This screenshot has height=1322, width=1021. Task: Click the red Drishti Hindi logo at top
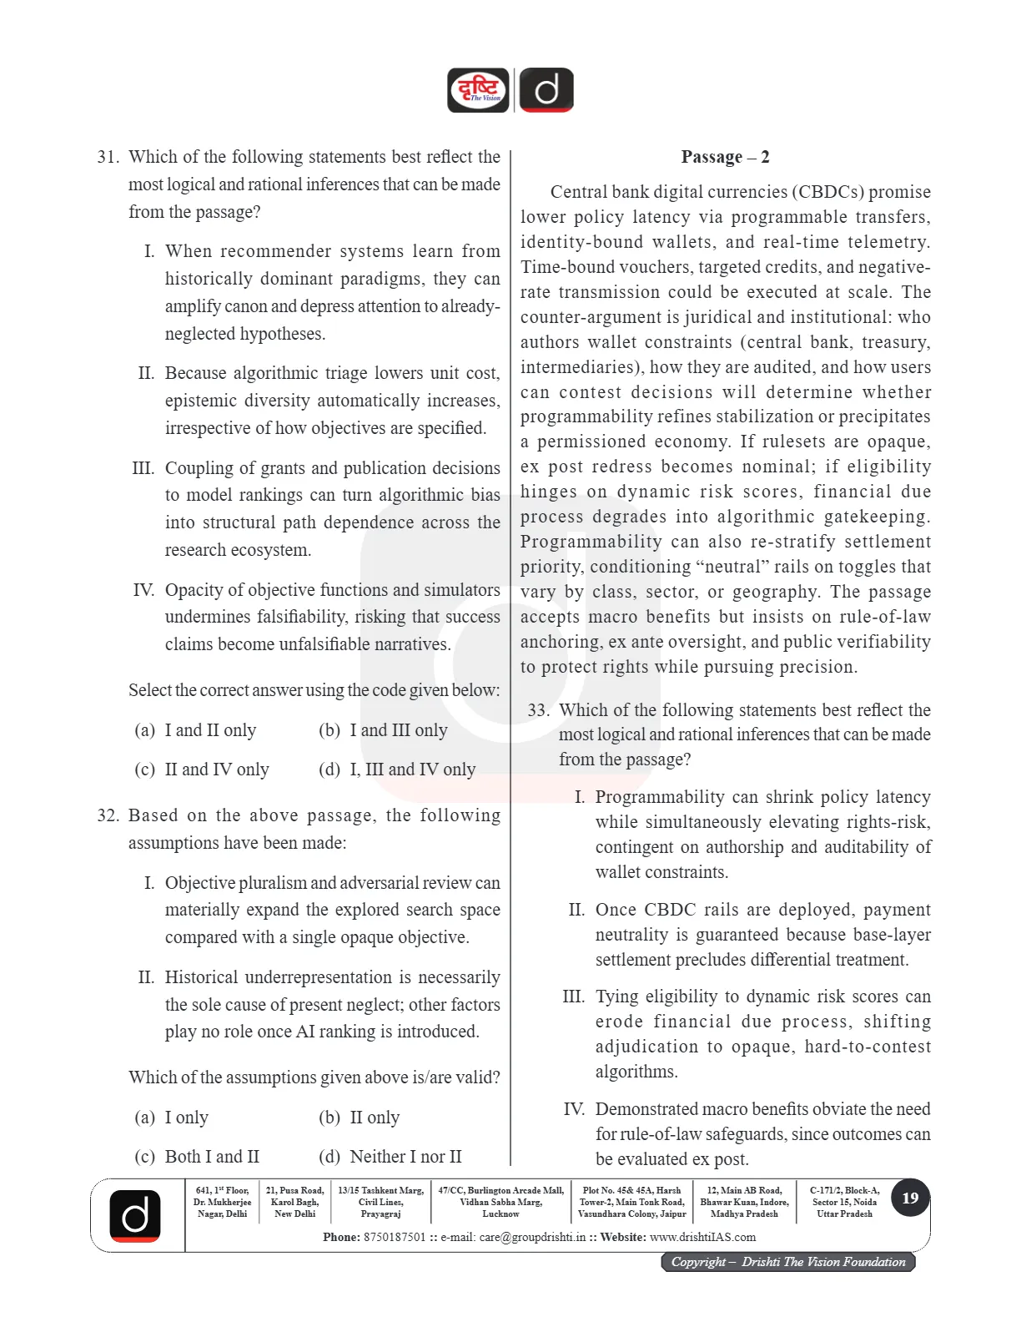pyautogui.click(x=478, y=90)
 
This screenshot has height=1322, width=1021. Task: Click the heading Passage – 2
pyautogui.click(x=725, y=157)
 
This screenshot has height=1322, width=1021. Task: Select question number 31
pyautogui.click(x=108, y=157)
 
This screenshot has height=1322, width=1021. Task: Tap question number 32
pyautogui.click(x=108, y=815)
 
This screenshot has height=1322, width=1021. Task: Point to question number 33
pyautogui.click(x=538, y=710)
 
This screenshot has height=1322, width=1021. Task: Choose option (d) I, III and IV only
pyautogui.click(x=397, y=769)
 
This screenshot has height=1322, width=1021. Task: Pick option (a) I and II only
pyautogui.click(x=195, y=730)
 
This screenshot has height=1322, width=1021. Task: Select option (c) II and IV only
pyautogui.click(x=202, y=769)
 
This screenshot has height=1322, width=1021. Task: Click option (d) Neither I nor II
pyautogui.click(x=390, y=1157)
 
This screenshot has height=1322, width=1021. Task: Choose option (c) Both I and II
pyautogui.click(x=197, y=1157)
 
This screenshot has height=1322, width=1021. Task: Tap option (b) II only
pyautogui.click(x=360, y=1118)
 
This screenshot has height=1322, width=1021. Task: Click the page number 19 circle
pyautogui.click(x=910, y=1198)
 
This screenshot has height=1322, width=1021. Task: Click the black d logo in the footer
pyautogui.click(x=135, y=1215)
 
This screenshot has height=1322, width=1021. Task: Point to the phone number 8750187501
pyautogui.click(x=395, y=1237)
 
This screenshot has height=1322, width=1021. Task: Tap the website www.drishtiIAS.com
pyautogui.click(x=702, y=1237)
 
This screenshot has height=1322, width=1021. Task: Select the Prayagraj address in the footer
pyautogui.click(x=380, y=1202)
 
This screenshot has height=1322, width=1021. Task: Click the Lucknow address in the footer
pyautogui.click(x=500, y=1202)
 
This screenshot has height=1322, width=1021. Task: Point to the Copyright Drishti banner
pyautogui.click(x=788, y=1262)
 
